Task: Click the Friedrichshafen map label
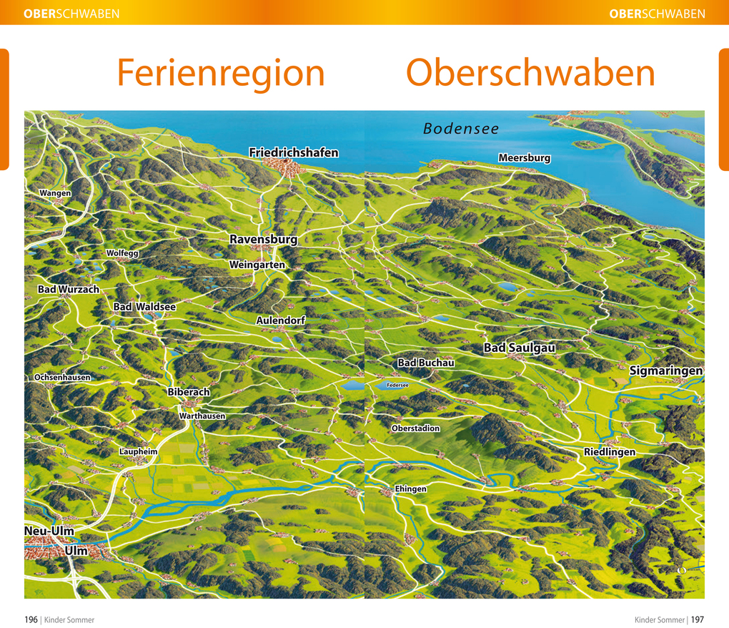pos(293,152)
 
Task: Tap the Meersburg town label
pos(524,157)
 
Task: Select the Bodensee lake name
pos(460,129)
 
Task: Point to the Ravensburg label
pos(263,239)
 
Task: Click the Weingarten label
pos(257,265)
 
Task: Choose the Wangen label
pos(55,193)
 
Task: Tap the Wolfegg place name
pos(122,253)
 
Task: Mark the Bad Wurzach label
pos(69,289)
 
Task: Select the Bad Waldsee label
pos(144,306)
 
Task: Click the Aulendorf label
pos(280,320)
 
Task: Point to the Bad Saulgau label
pos(519,348)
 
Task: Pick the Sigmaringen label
pos(665,371)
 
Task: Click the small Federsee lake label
pos(397,385)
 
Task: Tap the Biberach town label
pos(189,392)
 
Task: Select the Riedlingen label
pos(609,452)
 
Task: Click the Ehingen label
pos(410,489)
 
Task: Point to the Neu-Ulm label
pos(49,531)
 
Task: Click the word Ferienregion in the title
pos(220,73)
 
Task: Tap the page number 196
pos(31,619)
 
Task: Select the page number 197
pos(697,619)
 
